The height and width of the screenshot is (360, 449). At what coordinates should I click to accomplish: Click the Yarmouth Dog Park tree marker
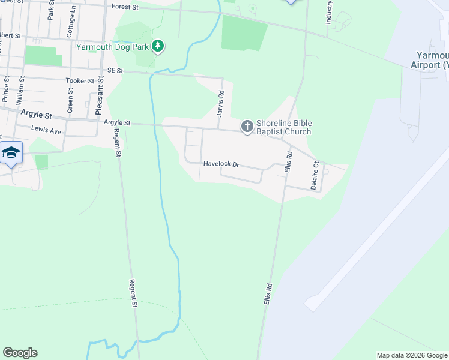click(158, 46)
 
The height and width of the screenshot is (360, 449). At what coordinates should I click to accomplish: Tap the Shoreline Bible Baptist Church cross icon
click(247, 127)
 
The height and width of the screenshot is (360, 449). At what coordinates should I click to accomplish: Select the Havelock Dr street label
click(221, 164)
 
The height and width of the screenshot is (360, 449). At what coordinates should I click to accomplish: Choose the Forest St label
click(125, 7)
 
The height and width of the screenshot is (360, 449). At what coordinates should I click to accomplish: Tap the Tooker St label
click(80, 80)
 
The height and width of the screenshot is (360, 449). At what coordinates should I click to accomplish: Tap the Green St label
click(70, 101)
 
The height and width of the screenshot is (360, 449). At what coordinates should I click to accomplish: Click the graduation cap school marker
click(11, 154)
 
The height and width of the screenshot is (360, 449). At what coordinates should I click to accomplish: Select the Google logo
click(20, 353)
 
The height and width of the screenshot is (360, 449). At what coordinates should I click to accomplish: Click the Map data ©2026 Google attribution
click(411, 355)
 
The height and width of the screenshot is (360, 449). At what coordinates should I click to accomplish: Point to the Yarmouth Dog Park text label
click(112, 46)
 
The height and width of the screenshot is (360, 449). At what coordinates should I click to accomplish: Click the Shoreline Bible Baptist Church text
click(284, 128)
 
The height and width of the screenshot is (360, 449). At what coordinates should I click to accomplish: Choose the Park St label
click(51, 11)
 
